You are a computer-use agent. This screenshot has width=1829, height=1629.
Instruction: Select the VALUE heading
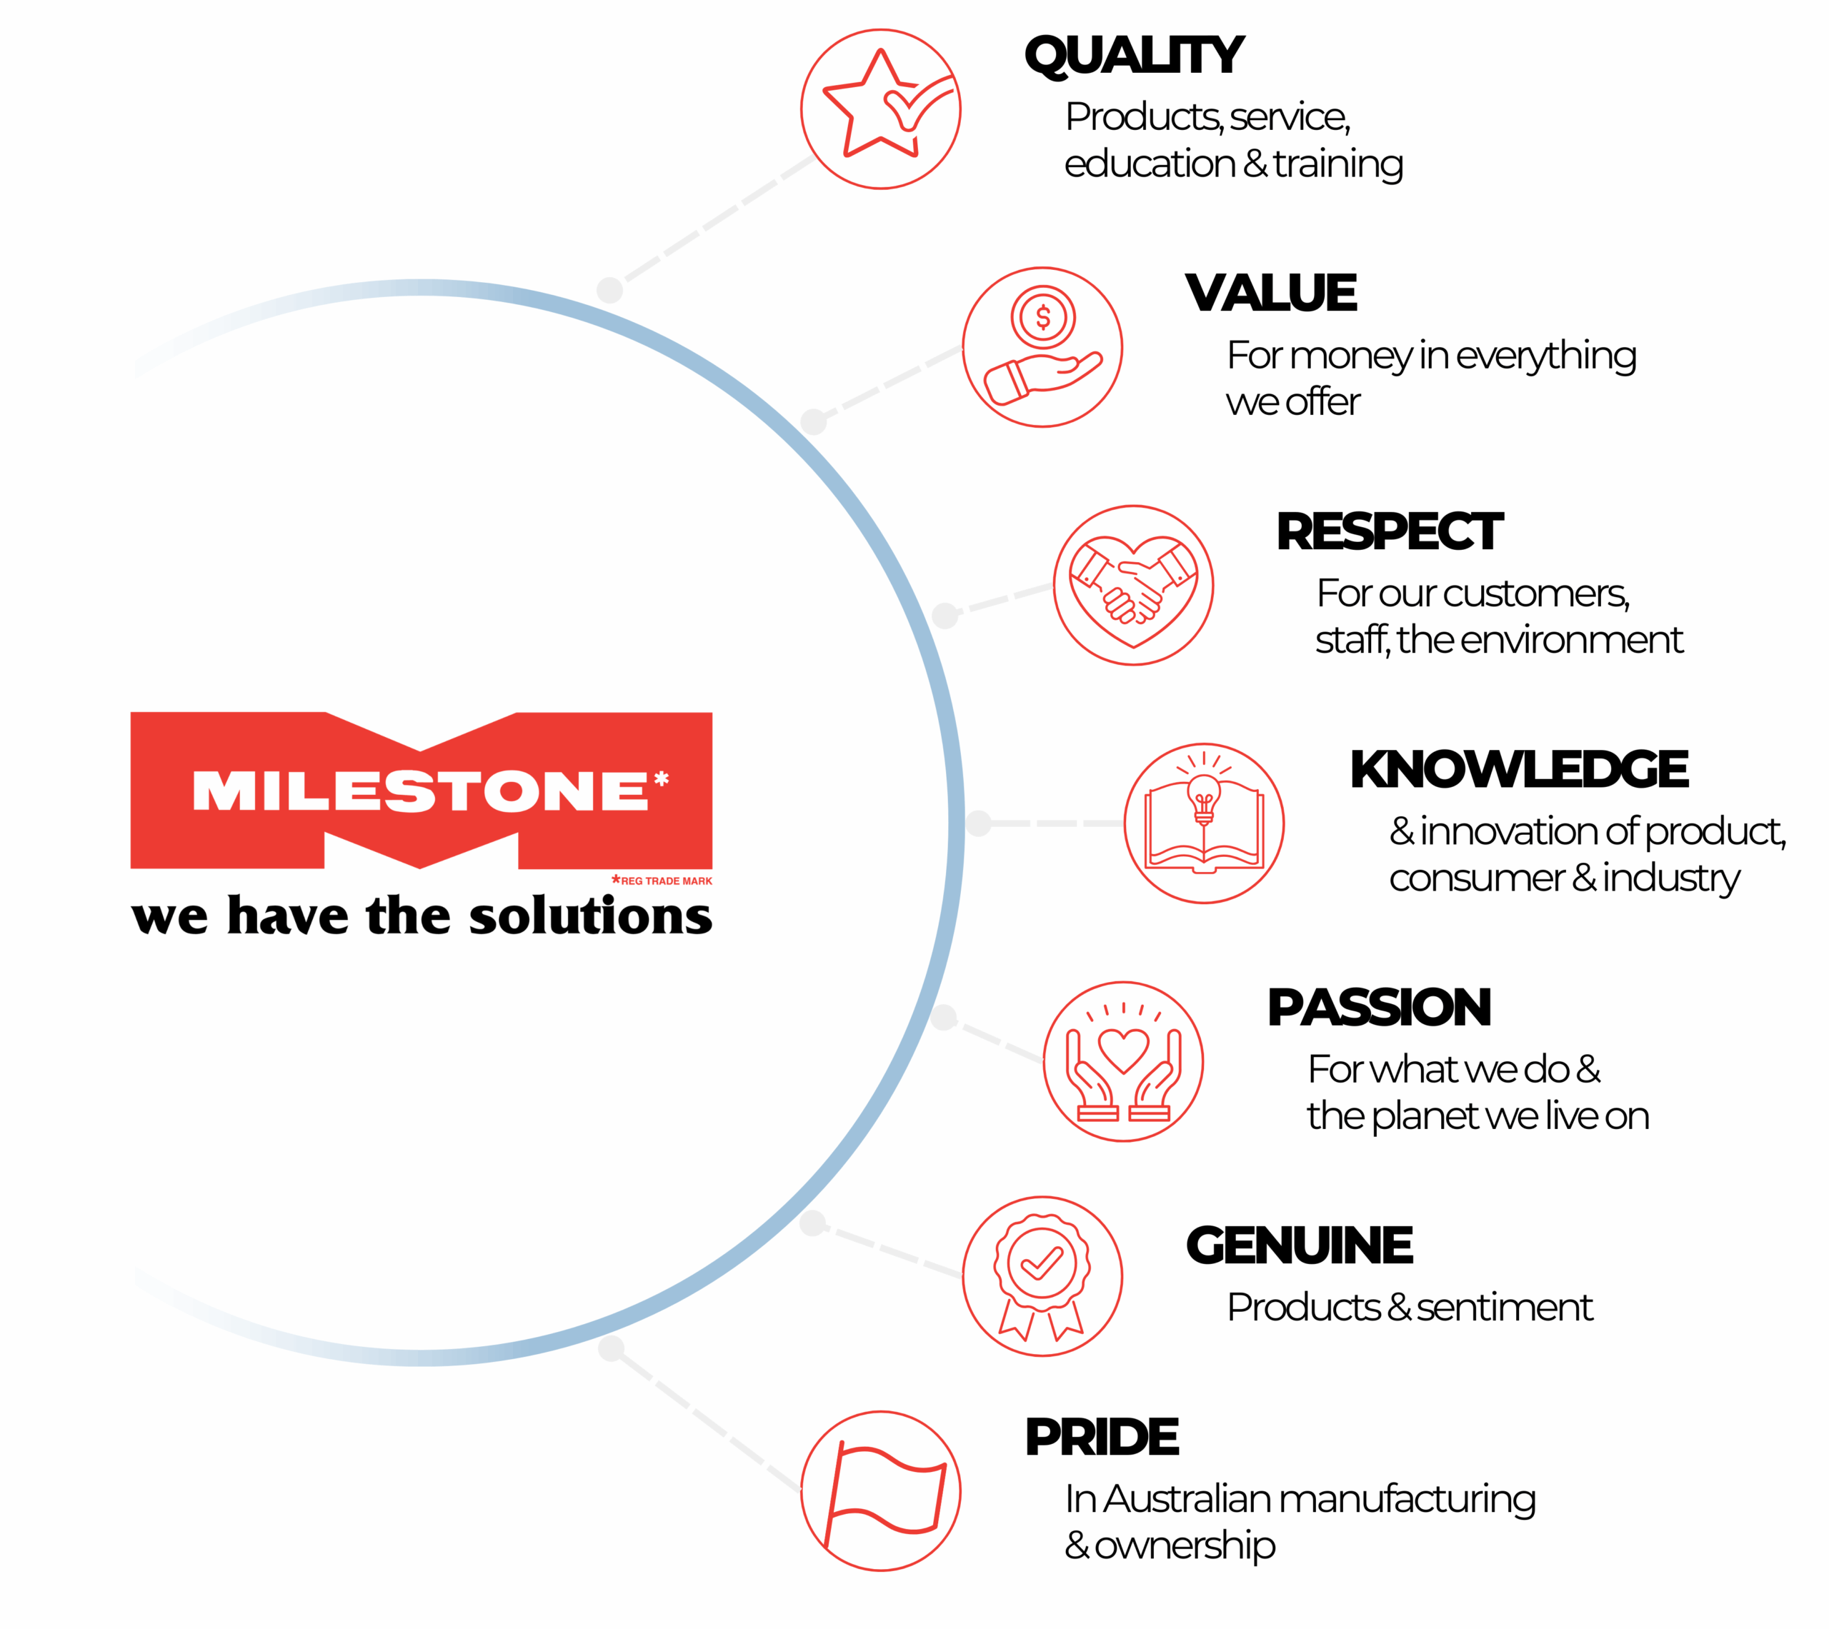(1271, 293)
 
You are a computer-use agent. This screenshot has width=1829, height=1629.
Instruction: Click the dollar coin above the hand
(1043, 317)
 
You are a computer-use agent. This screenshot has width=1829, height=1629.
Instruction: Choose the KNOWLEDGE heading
(1519, 769)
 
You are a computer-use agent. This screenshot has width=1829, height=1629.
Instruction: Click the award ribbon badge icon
(1042, 1276)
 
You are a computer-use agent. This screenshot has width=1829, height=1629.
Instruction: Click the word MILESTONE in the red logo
(421, 791)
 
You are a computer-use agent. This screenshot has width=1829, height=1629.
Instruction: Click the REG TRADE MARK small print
(662, 881)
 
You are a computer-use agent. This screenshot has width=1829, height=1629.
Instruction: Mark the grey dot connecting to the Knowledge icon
(979, 823)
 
